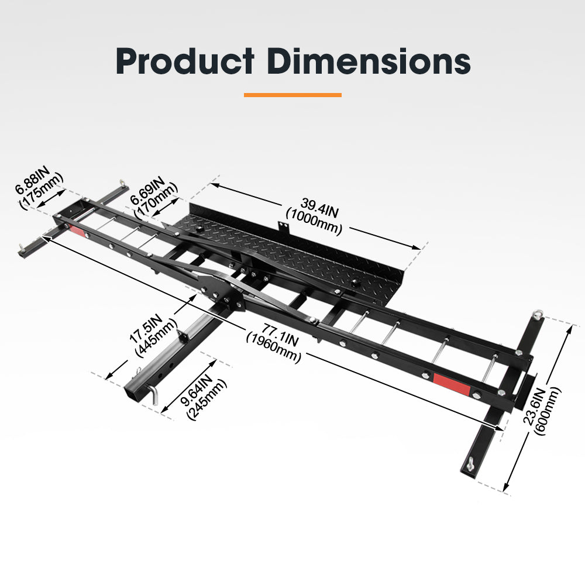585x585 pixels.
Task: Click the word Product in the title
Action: (185, 60)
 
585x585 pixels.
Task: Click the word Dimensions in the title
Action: (369, 60)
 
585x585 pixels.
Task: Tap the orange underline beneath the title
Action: (292, 94)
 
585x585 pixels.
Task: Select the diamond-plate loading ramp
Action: (292, 246)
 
